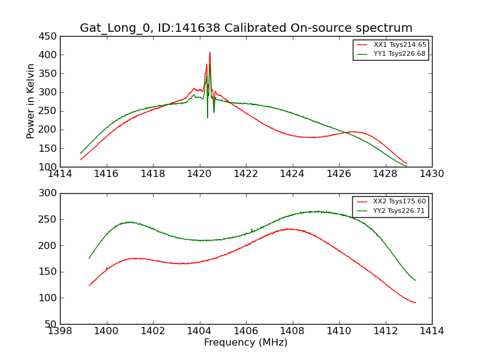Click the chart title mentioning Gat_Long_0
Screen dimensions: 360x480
[x=246, y=28]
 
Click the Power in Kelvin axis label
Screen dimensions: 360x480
[x=31, y=101]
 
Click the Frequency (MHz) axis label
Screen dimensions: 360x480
[x=246, y=343]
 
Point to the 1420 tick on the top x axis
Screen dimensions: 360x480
[x=200, y=174]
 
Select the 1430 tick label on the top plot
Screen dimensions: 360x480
[x=432, y=174]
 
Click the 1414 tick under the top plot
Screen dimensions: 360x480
[x=60, y=174]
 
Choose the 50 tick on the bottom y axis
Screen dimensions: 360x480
[x=50, y=324]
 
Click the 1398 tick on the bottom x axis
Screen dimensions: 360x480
[x=60, y=331]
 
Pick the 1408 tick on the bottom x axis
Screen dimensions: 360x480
[x=293, y=331]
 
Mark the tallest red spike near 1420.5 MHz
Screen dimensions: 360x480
[x=210, y=53]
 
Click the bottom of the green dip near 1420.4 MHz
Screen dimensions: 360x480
[x=208, y=117]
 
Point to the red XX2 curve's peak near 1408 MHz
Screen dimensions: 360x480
[x=289, y=229]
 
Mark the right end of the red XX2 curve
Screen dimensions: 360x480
[x=415, y=302]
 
